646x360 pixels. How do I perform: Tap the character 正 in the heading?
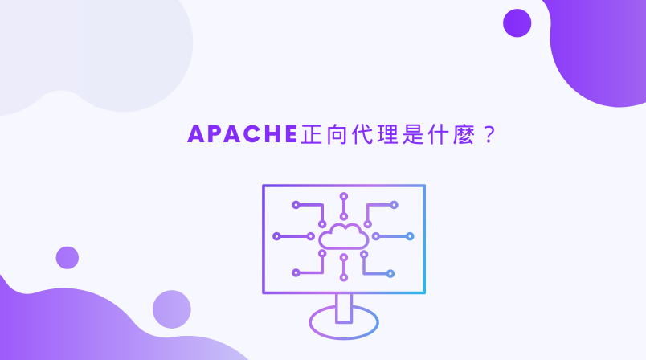[312, 134]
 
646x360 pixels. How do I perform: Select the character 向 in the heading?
[339, 134]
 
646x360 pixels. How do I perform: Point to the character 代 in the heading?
[366, 134]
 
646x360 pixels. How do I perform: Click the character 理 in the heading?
[395, 134]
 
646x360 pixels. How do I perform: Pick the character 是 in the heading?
[422, 134]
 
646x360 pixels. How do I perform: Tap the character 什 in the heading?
[449, 134]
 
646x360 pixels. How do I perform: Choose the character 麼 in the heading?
[476, 134]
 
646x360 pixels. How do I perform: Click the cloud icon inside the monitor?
[344, 235]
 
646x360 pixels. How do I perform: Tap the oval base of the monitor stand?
[344, 321]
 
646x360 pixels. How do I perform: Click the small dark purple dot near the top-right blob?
[517, 22]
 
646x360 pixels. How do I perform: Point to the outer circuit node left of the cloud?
[276, 236]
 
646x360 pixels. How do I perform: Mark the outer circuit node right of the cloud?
[410, 236]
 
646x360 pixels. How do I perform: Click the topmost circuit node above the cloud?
[344, 195]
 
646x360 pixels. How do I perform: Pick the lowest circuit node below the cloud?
[344, 278]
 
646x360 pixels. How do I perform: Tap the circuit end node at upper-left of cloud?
[296, 205]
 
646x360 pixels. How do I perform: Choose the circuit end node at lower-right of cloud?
[390, 273]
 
